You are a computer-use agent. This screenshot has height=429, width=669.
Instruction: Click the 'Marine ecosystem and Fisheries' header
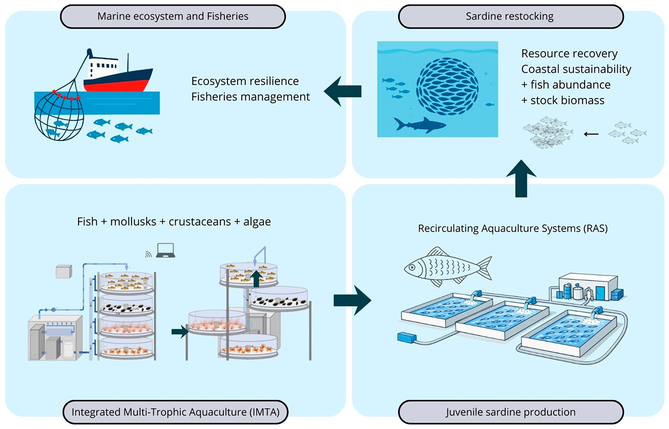point(173,16)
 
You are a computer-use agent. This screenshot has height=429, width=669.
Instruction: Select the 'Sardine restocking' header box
point(510,16)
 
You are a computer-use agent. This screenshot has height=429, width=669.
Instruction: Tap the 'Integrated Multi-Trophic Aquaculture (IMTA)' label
point(175,412)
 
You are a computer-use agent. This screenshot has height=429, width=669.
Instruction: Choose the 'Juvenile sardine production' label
point(511,412)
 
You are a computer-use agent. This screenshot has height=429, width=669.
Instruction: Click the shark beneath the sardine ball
point(419,125)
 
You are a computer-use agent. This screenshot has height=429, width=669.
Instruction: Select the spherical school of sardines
point(447,86)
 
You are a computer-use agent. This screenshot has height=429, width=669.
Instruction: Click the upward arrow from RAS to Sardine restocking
point(521,178)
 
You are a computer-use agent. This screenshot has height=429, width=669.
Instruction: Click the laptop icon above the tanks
point(165,250)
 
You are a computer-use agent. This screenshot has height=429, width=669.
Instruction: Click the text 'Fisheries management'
point(250,97)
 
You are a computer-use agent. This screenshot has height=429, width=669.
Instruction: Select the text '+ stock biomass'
point(563,100)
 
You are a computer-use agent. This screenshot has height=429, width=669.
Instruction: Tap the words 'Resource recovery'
point(569,54)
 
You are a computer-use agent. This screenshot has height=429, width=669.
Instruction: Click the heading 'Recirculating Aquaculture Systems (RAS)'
point(512,228)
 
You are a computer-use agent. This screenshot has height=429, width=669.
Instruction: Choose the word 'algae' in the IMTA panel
point(257,222)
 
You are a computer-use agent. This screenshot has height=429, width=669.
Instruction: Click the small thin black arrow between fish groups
point(591,134)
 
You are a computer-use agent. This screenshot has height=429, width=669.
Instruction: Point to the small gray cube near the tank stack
point(64,271)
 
